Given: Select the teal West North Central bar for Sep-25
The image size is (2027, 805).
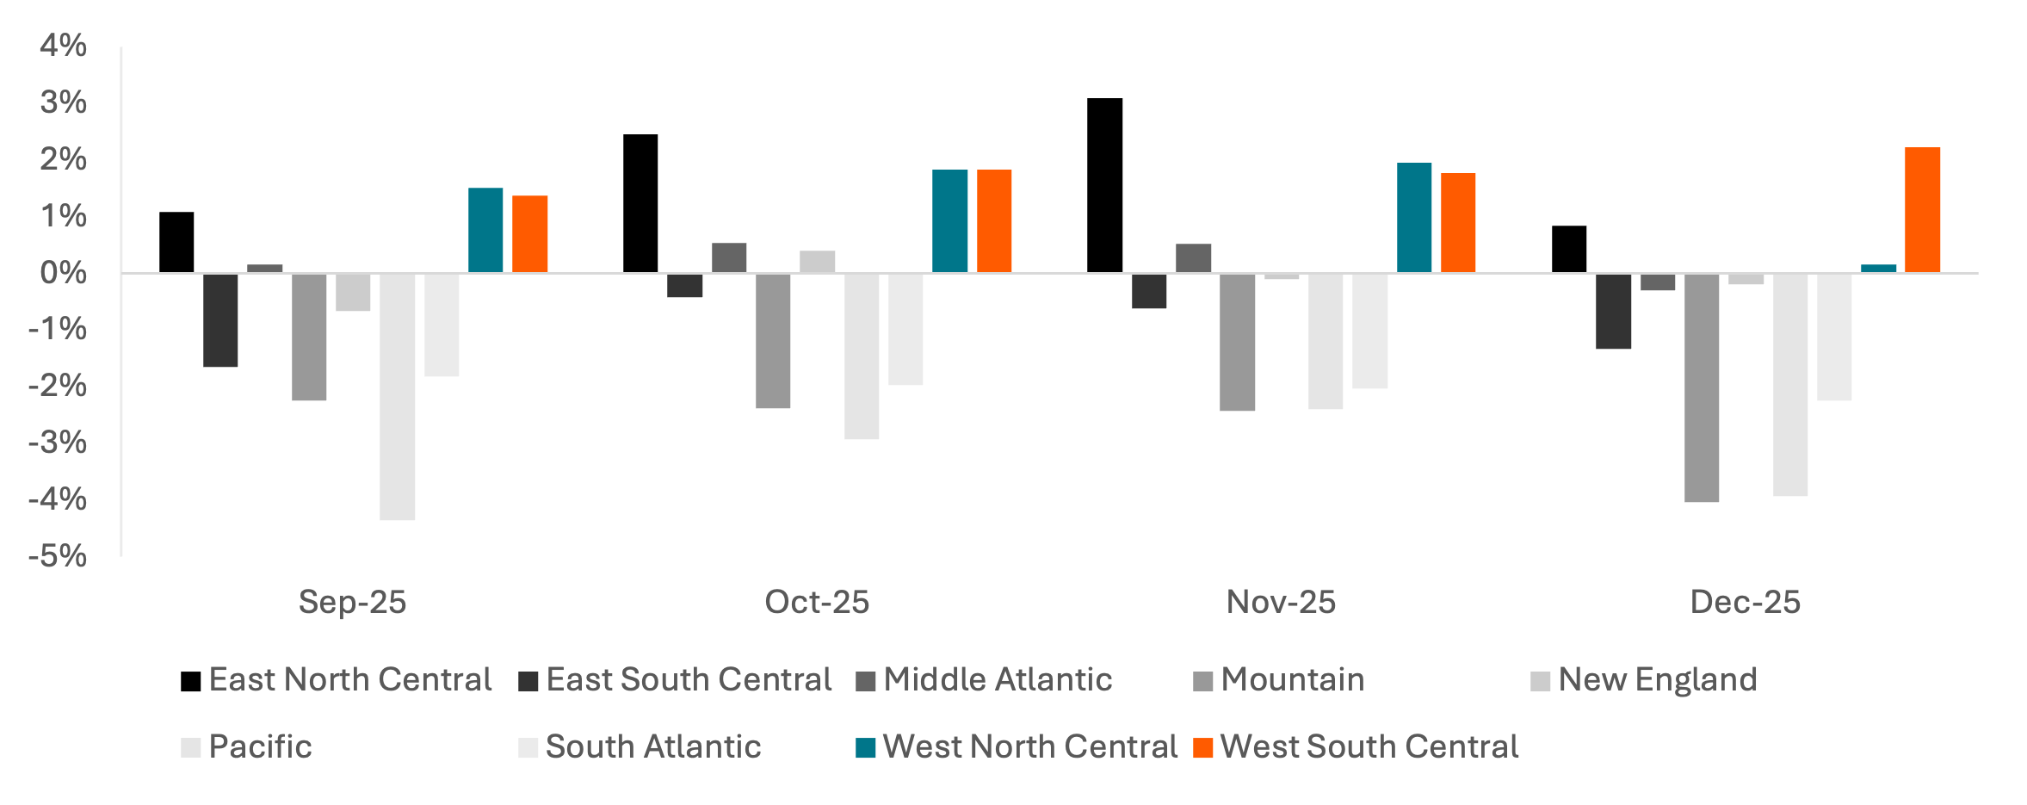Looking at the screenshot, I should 485,230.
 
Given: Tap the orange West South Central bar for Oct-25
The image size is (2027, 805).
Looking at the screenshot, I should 994,221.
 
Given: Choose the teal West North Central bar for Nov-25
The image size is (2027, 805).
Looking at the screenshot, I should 1414,218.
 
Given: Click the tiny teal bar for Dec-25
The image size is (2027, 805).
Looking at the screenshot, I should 1878,269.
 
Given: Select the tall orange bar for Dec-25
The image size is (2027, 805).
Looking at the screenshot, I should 1922,210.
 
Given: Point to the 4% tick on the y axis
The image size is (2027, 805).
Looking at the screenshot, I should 63,46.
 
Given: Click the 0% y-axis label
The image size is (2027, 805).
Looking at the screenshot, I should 63,273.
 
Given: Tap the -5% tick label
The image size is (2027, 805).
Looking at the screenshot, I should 58,556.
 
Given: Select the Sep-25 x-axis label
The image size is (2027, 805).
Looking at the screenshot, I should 352,602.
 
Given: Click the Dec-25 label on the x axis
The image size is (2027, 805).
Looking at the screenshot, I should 1745,602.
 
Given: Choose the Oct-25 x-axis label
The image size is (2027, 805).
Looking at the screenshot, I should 817,602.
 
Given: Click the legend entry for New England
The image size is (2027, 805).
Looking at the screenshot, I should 1658,679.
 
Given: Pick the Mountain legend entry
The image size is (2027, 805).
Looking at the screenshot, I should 1293,679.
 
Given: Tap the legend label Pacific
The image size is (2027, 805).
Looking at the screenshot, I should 260,746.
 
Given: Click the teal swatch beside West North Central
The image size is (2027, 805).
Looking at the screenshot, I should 866,747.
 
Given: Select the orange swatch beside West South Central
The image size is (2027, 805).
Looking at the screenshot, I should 1203,747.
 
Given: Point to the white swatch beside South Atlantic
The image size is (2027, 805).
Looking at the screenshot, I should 528,747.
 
